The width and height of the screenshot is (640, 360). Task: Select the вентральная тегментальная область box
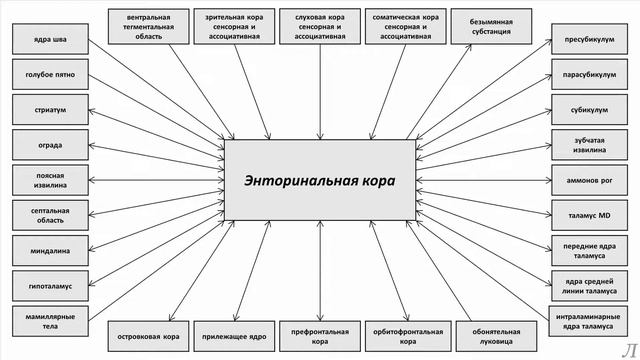[x=142, y=25]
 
